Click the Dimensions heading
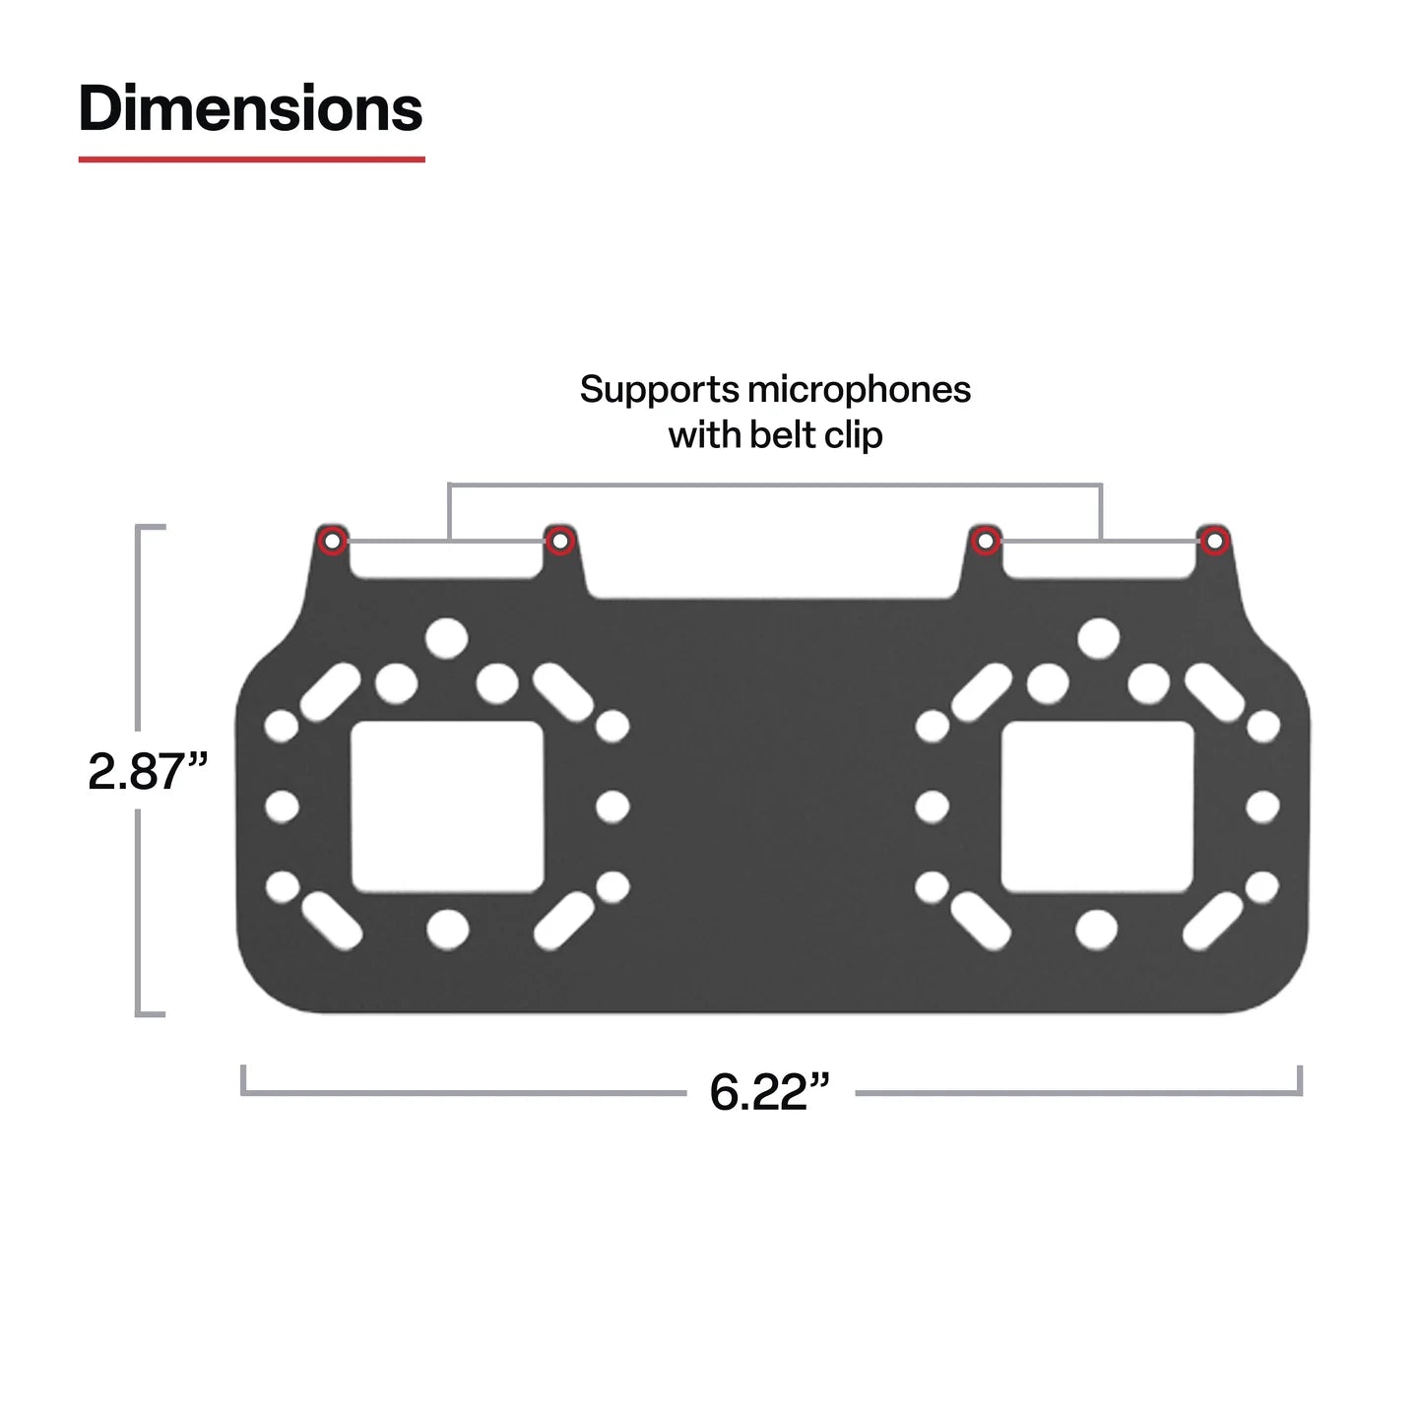click(250, 108)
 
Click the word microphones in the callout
click(859, 390)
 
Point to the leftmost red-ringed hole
click(333, 540)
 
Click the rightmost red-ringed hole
click(1215, 541)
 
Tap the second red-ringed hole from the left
click(559, 541)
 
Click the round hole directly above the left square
click(447, 637)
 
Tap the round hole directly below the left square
click(448, 927)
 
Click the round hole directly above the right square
click(1098, 638)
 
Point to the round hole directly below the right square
click(1097, 928)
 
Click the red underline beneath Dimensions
click(251, 158)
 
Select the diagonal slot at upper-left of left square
click(330, 691)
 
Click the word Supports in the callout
click(658, 390)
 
